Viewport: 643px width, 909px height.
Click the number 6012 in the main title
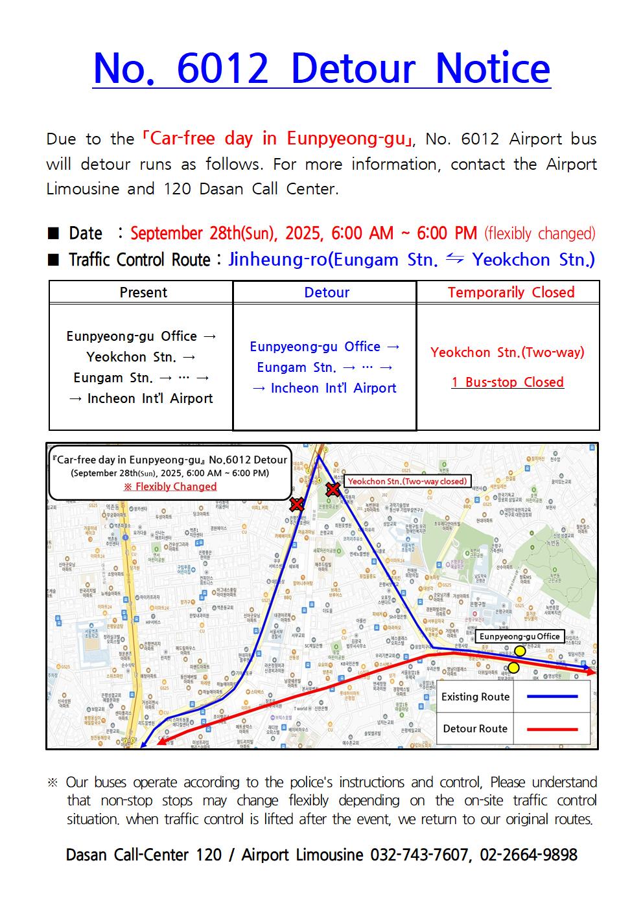pos(222,69)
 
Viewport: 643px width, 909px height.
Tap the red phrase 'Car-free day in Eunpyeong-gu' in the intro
pos(277,139)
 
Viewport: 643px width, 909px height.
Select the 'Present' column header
pos(143,292)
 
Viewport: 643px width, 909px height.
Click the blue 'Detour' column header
pos(327,292)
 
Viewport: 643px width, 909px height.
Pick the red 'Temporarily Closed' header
pos(511,292)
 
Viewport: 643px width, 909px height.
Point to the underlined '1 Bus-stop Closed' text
pos(508,382)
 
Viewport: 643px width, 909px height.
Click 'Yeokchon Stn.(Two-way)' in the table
pos(508,352)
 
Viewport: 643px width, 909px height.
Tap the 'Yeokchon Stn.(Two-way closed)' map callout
pos(407,481)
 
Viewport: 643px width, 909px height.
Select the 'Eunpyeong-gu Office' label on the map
pos(519,636)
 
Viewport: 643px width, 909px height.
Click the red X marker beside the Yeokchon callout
pos(333,489)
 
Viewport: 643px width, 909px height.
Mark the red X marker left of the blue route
pos(297,504)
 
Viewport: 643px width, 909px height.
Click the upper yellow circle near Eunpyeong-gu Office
pos(520,650)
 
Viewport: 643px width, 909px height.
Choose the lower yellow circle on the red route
pos(513,667)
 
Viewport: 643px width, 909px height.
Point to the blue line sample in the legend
pos(552,696)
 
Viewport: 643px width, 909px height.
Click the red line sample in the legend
pos(552,729)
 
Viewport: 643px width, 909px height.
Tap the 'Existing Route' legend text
pos(475,697)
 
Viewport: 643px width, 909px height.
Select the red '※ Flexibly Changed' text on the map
pos(170,487)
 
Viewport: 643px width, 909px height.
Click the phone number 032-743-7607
pos(419,855)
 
